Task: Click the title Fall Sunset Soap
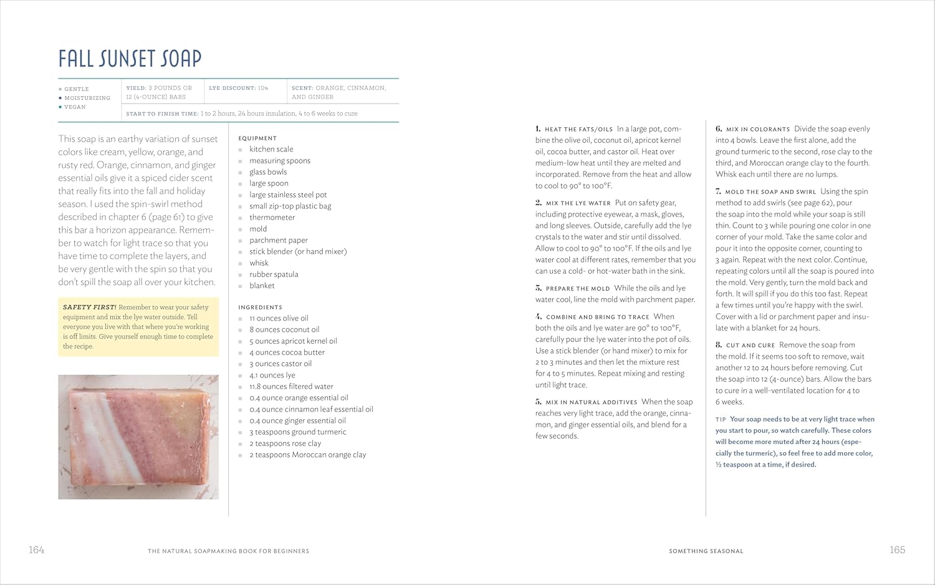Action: [x=130, y=59]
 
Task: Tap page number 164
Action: [x=37, y=550]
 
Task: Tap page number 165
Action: [x=897, y=550]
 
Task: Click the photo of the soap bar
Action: [x=138, y=437]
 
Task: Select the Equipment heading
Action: [x=257, y=138]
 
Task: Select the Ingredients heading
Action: [x=260, y=307]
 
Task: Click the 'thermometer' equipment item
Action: [x=272, y=218]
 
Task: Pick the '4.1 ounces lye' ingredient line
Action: [x=272, y=375]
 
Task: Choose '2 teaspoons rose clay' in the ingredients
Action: [x=285, y=443]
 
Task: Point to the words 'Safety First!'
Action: [x=89, y=307]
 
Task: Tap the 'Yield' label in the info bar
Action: [x=135, y=88]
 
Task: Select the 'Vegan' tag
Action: [x=75, y=107]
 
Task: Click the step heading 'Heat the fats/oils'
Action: [x=578, y=130]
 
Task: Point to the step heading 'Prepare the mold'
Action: [x=577, y=289]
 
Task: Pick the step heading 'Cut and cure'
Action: [x=750, y=346]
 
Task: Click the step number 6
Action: [x=719, y=129]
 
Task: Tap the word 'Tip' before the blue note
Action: [x=721, y=420]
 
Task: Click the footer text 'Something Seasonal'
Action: [x=706, y=551]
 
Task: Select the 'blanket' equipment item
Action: [x=262, y=286]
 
